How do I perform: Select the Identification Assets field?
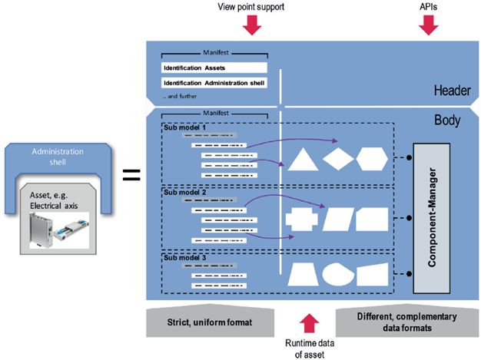point(214,68)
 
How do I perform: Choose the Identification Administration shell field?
point(214,83)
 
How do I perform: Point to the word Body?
point(449,122)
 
